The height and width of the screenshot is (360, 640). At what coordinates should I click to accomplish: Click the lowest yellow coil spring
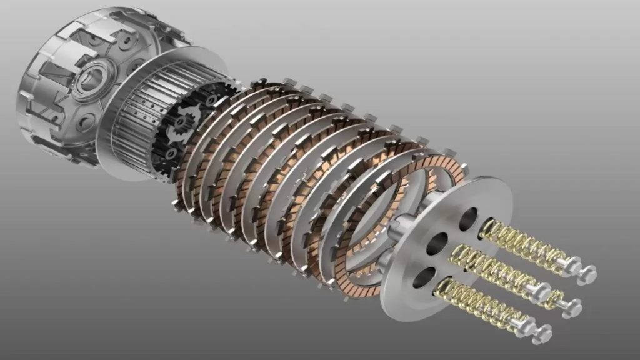pos(475,302)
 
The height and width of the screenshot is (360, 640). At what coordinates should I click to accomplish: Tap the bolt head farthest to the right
pos(587,274)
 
